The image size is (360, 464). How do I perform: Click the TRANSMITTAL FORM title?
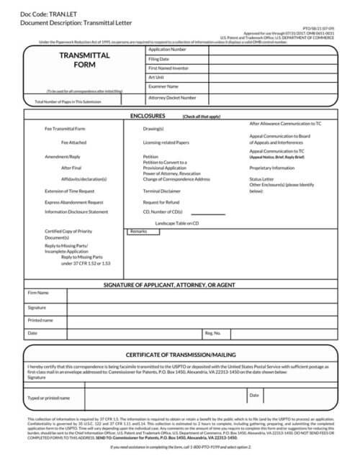coord(84,60)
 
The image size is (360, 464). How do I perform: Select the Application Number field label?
coord(167,50)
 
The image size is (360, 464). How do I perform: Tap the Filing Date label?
coord(158,59)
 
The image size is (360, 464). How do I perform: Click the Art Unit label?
coord(156,77)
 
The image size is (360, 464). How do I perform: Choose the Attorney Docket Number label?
coord(171,97)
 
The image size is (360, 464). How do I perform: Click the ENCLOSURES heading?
coord(148,115)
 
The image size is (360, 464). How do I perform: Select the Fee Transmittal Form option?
coord(65,129)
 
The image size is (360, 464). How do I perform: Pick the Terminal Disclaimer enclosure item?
coord(161,191)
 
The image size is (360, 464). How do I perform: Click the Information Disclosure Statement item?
coord(76,212)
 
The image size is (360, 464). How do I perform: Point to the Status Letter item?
coord(261,178)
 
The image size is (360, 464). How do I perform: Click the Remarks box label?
coord(138,232)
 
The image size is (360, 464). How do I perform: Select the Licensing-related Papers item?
coord(166,142)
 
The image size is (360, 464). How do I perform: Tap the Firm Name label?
coord(38,293)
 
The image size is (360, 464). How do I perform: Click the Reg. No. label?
coord(212,333)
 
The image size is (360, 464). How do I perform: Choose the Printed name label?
coord(40,319)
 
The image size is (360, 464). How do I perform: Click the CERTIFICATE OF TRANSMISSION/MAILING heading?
coord(180,355)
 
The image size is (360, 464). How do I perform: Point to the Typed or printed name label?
coord(48,398)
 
